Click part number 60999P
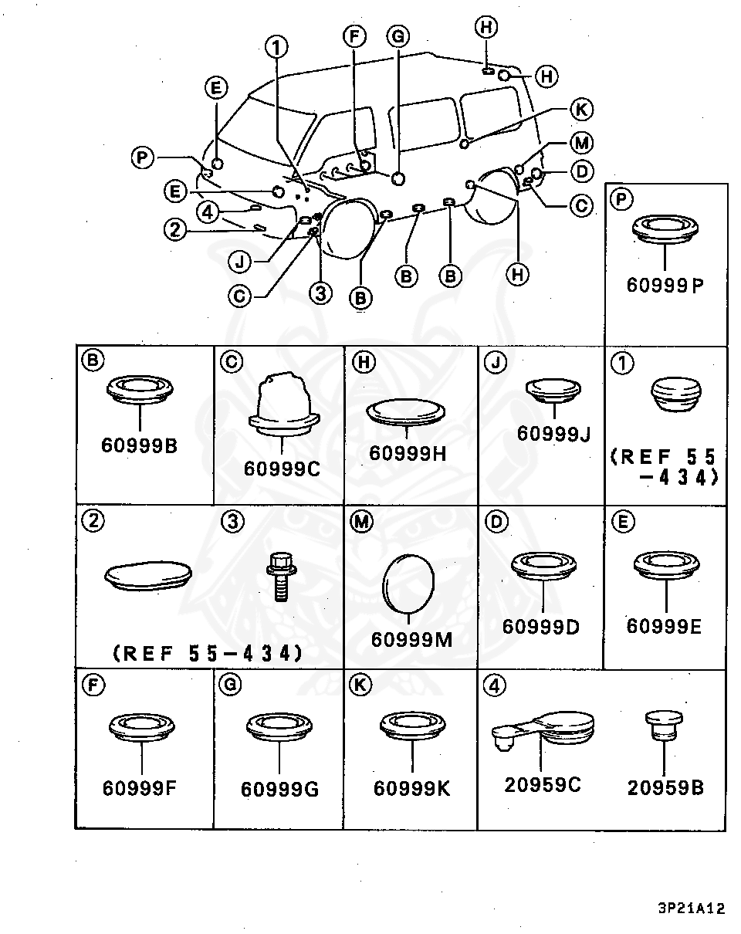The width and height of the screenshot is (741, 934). click(x=665, y=285)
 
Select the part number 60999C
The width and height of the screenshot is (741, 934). click(x=282, y=469)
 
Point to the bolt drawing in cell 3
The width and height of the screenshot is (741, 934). click(x=281, y=577)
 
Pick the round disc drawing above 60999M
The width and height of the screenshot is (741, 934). click(x=408, y=584)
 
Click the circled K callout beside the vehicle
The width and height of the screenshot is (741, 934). click(x=581, y=109)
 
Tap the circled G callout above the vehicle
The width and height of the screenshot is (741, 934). click(x=398, y=36)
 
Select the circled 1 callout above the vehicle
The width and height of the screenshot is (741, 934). click(x=277, y=47)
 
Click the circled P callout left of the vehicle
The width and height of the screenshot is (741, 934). click(x=142, y=157)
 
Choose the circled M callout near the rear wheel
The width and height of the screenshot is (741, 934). click(x=582, y=143)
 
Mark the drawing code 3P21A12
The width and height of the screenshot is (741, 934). click(x=692, y=909)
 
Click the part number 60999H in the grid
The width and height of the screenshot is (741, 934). click(x=408, y=453)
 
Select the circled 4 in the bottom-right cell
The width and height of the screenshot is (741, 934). click(x=495, y=686)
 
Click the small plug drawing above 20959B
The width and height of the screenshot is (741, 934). click(x=664, y=726)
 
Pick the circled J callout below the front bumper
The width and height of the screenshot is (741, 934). click(x=239, y=262)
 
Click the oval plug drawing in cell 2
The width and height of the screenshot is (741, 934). click(x=148, y=576)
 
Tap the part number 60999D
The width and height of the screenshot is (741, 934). click(x=540, y=627)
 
